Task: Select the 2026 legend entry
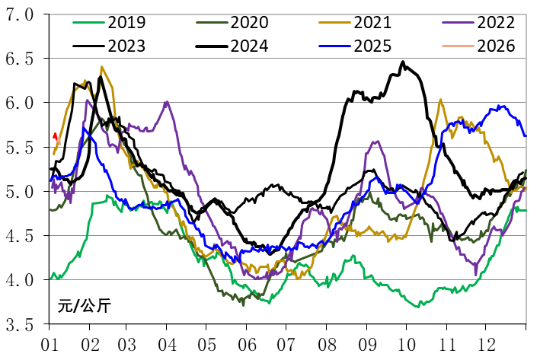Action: click(496, 46)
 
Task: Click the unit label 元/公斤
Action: click(84, 307)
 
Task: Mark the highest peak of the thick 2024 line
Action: click(403, 62)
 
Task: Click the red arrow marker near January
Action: click(55, 136)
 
